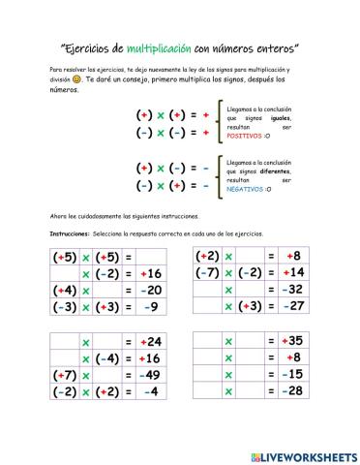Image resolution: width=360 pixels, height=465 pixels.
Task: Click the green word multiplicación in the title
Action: (x=162, y=46)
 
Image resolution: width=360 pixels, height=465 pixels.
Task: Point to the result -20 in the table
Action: (x=149, y=290)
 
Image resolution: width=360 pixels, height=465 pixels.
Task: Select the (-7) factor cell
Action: (x=209, y=273)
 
